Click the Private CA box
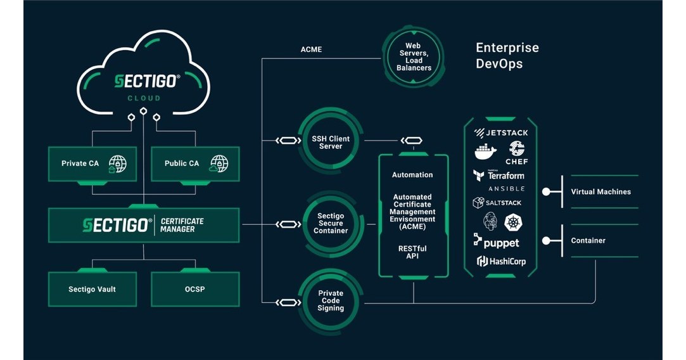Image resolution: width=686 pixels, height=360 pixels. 92,164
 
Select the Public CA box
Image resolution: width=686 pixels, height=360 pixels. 194,164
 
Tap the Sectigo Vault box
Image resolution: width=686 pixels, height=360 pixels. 92,289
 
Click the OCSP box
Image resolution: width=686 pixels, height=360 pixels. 194,289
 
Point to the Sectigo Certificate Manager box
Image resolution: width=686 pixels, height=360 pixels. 144,225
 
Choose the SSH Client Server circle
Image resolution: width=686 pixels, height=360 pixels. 331,142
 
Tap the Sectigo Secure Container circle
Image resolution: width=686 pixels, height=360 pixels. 331,223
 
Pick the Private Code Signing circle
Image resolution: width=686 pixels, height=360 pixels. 331,300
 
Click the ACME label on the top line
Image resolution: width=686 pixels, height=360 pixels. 311,49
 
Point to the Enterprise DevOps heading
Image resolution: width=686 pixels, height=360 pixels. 507,56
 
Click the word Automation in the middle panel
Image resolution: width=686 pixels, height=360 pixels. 412,175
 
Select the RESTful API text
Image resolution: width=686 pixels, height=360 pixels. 412,252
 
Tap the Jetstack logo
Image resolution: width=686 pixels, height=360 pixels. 500,133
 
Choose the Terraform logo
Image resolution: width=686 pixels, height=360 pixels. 499,176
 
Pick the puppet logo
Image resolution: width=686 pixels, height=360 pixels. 496,242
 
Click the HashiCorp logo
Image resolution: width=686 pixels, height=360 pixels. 501,261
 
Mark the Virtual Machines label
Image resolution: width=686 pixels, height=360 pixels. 600,191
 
